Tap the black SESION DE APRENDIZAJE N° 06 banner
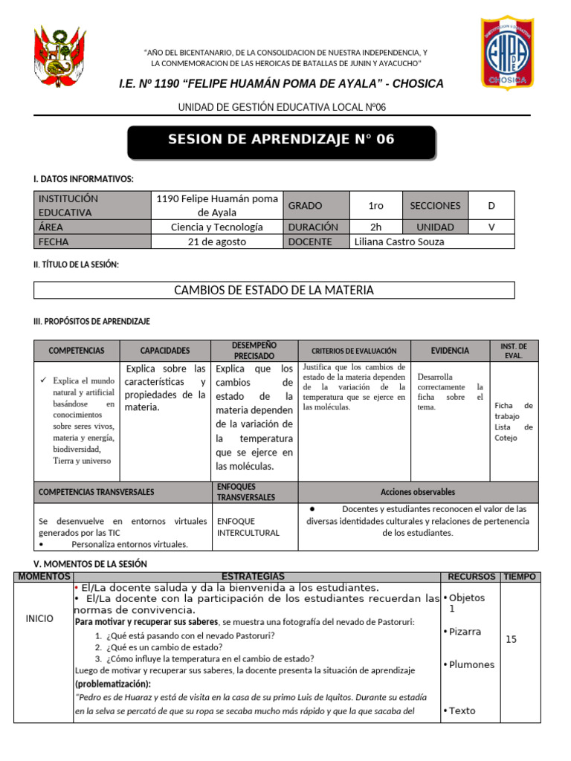pos(281,140)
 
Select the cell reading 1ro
pos(376,205)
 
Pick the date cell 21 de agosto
pos(216,242)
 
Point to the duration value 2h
pos(376,227)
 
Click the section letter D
pos(491,205)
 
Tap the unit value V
pos(491,227)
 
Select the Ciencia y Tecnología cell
pos(216,227)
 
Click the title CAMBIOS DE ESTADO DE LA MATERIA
pos(274,291)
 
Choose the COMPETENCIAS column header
pos(77,351)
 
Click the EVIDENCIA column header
pos(450,351)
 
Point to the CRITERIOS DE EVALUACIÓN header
pos(354,351)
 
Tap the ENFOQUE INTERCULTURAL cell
pos(248,527)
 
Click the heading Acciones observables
pos(417,492)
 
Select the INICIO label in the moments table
pos(39,618)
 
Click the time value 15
pos(511,639)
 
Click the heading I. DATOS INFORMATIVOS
pos(84,179)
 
